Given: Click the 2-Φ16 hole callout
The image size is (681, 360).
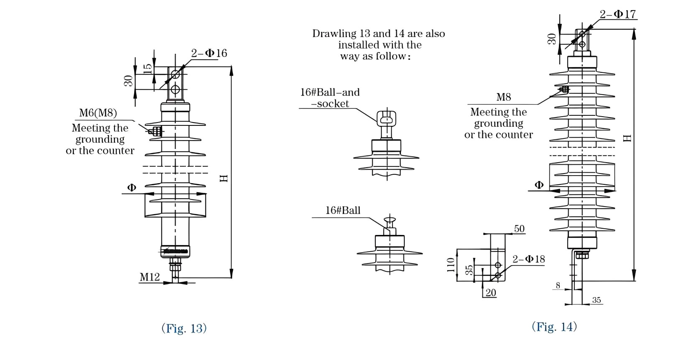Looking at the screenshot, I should [x=209, y=53].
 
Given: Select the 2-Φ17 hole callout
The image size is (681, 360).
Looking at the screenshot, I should [x=617, y=14].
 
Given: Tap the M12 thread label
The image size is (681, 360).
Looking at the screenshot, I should [x=150, y=277].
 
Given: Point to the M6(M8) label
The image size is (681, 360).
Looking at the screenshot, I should [x=98, y=113].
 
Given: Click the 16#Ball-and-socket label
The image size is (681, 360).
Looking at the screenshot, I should [x=329, y=98].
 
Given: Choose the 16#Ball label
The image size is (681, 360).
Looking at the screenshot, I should [x=343, y=210].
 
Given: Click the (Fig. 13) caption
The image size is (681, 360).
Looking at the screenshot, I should [x=184, y=328].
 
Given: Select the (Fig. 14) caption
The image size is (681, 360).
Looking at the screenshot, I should [x=554, y=327].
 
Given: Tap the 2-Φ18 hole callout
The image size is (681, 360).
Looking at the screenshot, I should [x=529, y=259].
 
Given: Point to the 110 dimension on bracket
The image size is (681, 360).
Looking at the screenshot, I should [x=451, y=265].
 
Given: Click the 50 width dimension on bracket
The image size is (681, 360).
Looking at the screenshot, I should [x=519, y=229].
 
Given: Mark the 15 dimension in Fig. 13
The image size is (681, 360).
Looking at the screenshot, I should [x=148, y=68].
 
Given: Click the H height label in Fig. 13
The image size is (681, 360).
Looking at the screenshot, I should [x=224, y=178].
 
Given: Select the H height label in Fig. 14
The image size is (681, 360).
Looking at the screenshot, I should [x=627, y=138].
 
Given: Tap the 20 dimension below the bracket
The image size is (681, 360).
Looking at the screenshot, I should [x=491, y=293].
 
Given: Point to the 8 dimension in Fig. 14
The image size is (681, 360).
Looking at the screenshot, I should [x=558, y=286].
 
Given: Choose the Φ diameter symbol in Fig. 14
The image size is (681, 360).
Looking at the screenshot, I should [x=539, y=185].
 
